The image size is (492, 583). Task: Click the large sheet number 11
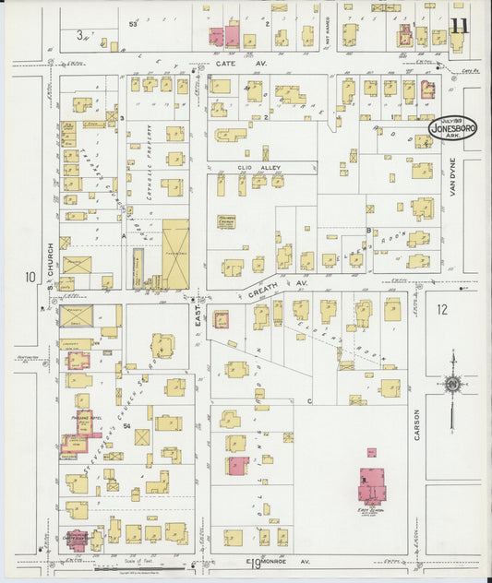pyautogui.click(x=459, y=24)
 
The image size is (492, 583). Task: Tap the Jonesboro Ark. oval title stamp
pyautogui.click(x=452, y=130)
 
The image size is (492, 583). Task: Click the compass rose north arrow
pyautogui.click(x=452, y=383)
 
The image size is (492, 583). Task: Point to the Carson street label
pyautogui.click(x=417, y=424)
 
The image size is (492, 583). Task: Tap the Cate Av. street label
pyautogui.click(x=228, y=64)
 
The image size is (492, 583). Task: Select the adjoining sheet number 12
pyautogui.click(x=441, y=310)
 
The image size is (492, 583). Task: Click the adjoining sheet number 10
pyautogui.click(x=30, y=277)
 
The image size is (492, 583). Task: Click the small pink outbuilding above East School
pyautogui.click(x=371, y=453)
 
